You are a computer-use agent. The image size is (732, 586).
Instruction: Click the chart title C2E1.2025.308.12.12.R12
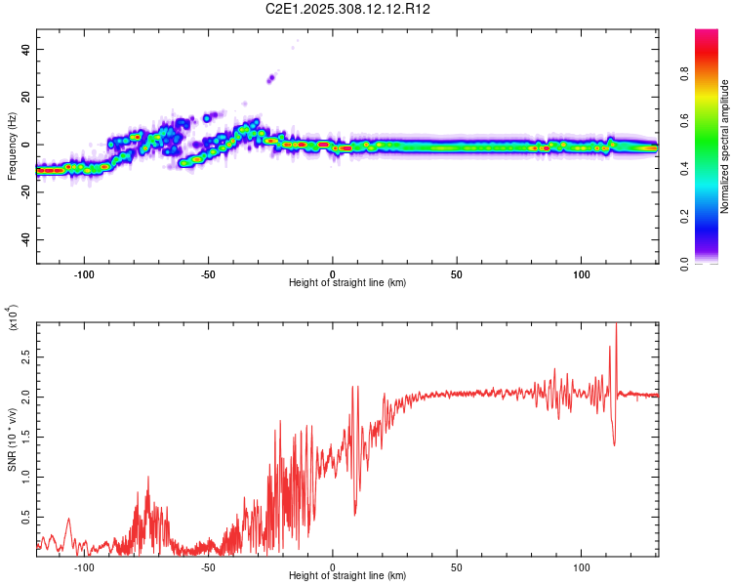tap(348, 9)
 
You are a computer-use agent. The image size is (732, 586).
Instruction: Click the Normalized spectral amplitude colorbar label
tap(725, 146)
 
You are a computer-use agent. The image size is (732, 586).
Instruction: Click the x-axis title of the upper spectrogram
tap(347, 283)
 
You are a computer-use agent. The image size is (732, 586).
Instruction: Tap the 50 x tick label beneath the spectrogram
tap(457, 273)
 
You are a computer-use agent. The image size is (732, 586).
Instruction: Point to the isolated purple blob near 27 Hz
tap(271, 78)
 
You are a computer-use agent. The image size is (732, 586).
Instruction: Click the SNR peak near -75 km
tap(148, 479)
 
